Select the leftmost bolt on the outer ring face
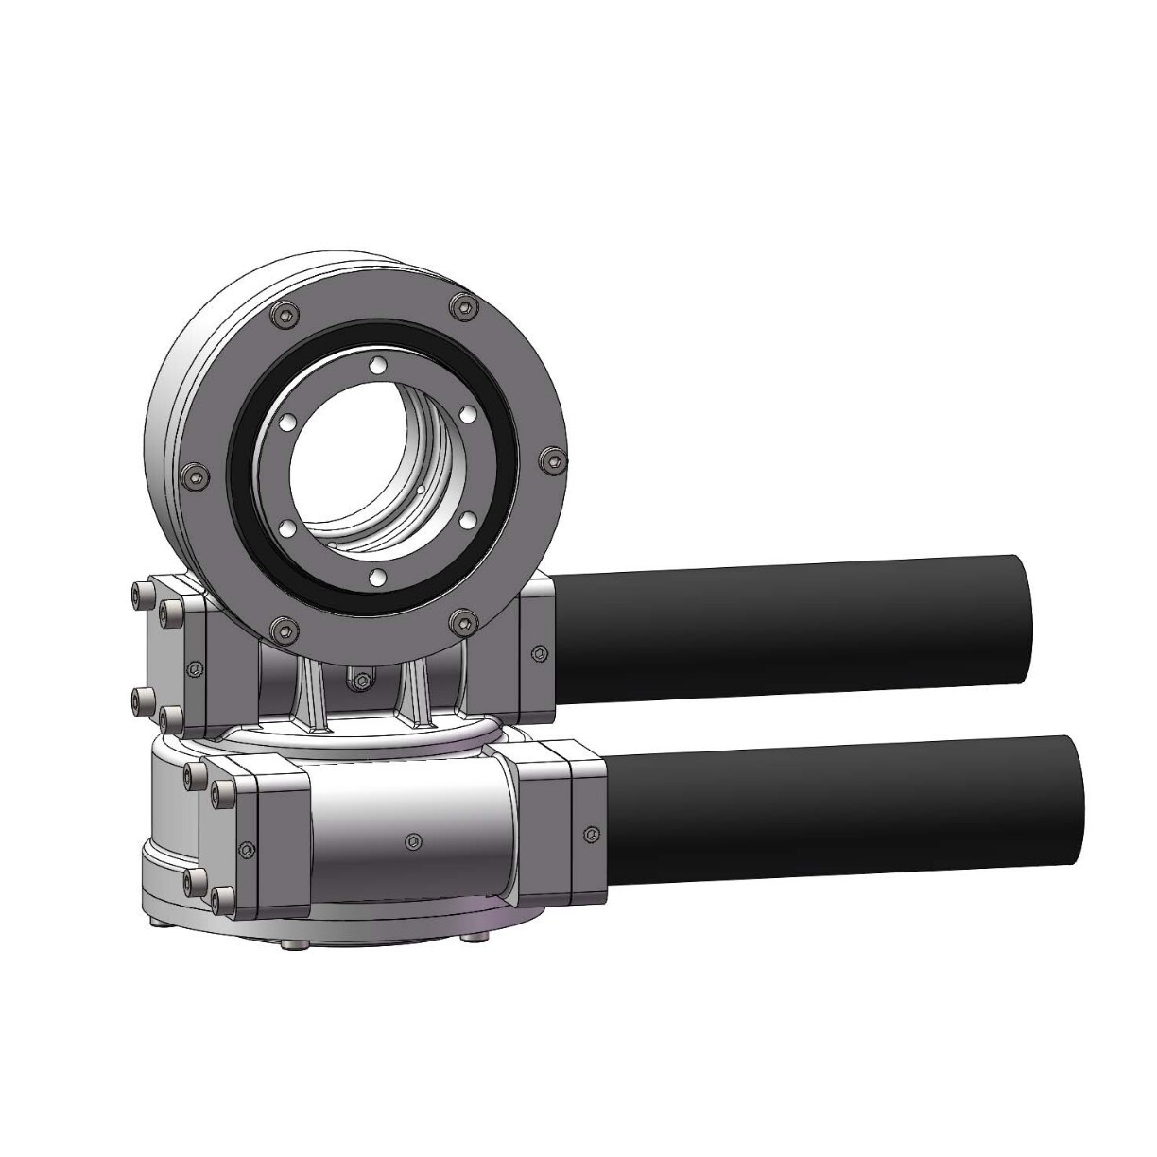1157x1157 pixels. (x=193, y=475)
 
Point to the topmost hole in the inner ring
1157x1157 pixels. (x=378, y=365)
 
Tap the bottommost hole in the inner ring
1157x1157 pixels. (x=375, y=576)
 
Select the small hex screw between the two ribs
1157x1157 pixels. (x=360, y=678)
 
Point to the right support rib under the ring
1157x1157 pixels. (x=416, y=695)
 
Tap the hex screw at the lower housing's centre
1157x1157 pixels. (x=413, y=839)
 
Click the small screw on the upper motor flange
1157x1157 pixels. (x=539, y=652)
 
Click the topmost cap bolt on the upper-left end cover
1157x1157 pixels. (x=143, y=593)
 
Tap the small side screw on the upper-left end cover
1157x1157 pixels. (x=195, y=668)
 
